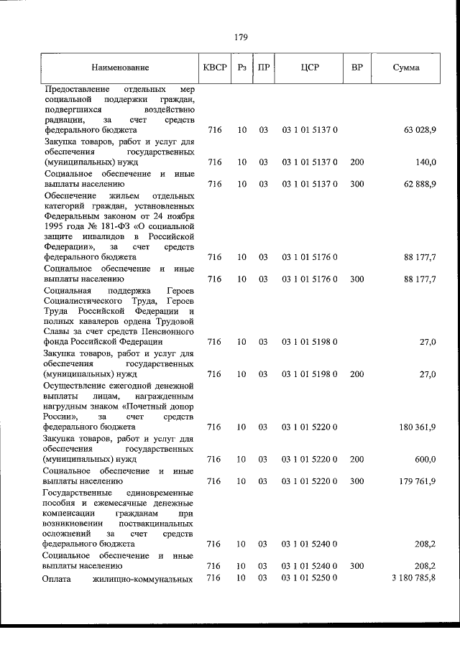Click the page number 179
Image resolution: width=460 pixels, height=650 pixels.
coord(241,38)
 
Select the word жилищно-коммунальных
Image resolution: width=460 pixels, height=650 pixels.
coord(148,578)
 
